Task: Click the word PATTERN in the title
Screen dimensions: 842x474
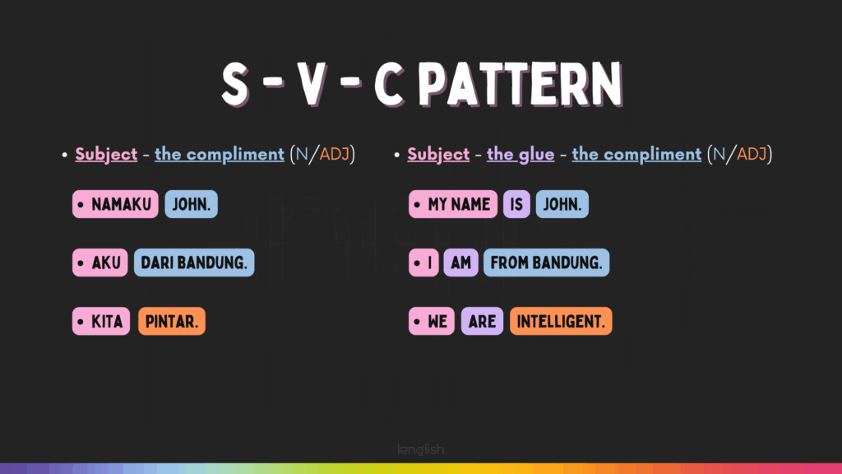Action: [520, 83]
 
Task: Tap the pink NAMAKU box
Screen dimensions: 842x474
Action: [115, 204]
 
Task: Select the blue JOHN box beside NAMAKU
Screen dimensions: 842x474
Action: [191, 204]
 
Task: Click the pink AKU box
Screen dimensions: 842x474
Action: [100, 263]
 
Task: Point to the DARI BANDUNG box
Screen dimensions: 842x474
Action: [194, 263]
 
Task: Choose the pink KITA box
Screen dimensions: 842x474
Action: [101, 322]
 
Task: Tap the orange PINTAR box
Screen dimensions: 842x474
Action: [172, 322]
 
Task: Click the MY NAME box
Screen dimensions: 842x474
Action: [453, 204]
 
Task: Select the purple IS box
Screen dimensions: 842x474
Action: [516, 204]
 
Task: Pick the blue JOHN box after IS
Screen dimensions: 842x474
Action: [562, 204]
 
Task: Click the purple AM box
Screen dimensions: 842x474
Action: [460, 263]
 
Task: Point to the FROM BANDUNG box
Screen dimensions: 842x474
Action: [546, 263]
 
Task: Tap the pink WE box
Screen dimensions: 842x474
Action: [432, 322]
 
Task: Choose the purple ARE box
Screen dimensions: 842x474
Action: [482, 322]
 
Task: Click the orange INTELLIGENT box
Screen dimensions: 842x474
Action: [561, 322]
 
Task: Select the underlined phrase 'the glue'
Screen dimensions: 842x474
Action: [520, 154]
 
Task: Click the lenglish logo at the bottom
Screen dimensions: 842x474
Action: [421, 450]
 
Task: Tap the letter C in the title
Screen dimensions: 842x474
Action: [389, 84]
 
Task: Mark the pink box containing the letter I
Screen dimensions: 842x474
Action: [423, 263]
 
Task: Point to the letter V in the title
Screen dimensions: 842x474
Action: [312, 84]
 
